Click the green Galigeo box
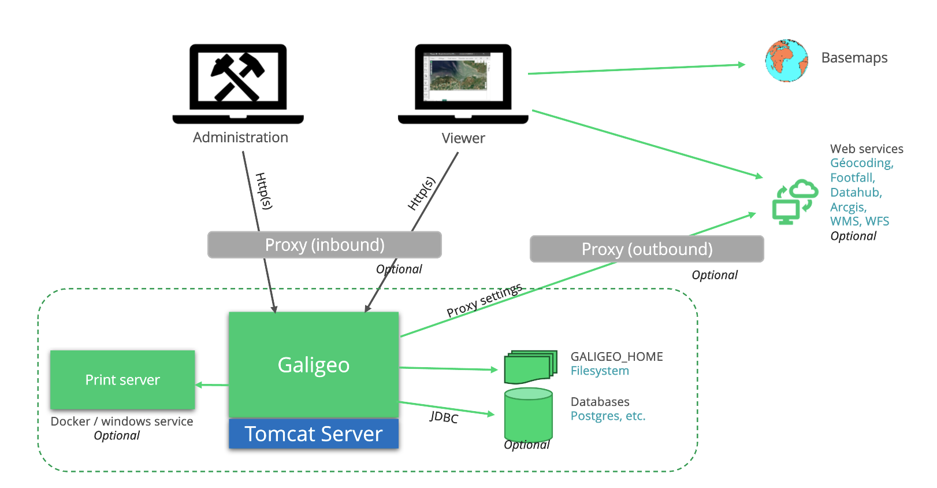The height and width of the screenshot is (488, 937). pyautogui.click(x=314, y=365)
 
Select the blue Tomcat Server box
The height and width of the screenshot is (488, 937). pyautogui.click(x=314, y=434)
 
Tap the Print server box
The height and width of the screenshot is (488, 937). pyautogui.click(x=122, y=380)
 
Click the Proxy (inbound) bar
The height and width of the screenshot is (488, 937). pyautogui.click(x=324, y=245)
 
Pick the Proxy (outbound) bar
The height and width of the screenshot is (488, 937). pyautogui.click(x=646, y=249)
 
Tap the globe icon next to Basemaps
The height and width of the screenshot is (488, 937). pyautogui.click(x=786, y=60)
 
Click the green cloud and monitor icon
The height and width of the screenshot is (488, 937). pyautogui.click(x=795, y=202)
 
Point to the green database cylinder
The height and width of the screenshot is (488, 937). pyautogui.click(x=528, y=415)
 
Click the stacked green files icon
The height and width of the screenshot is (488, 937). pyautogui.click(x=530, y=367)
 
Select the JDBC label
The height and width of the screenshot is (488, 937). pyautogui.click(x=444, y=417)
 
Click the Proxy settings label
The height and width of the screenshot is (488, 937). pyautogui.click(x=484, y=300)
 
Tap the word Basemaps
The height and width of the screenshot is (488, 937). pyautogui.click(x=854, y=58)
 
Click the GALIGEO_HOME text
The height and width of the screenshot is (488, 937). pyautogui.click(x=616, y=356)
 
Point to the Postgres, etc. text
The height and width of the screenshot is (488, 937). pyautogui.click(x=608, y=416)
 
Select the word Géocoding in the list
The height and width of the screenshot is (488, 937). pyautogui.click(x=861, y=163)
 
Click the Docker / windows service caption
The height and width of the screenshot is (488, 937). pyautogui.click(x=122, y=422)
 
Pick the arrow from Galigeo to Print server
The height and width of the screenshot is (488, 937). pyautogui.click(x=211, y=385)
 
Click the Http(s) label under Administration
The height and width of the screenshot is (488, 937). pyautogui.click(x=263, y=191)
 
